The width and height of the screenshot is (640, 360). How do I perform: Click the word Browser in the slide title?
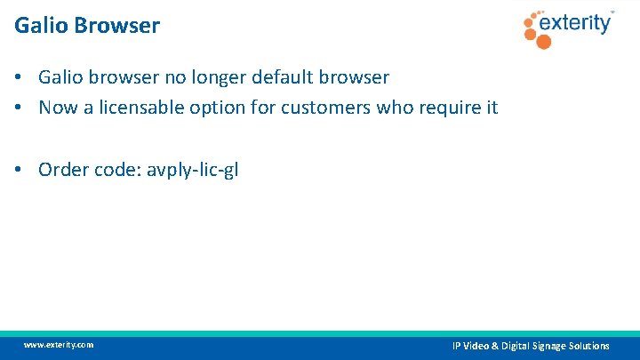point(120,26)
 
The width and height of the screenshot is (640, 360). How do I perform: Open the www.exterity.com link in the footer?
point(59,345)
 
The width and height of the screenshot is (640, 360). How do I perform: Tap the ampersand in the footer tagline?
point(495,346)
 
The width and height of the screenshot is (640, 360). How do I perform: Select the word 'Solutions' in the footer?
point(588,346)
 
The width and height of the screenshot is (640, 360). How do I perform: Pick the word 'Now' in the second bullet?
point(58,108)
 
